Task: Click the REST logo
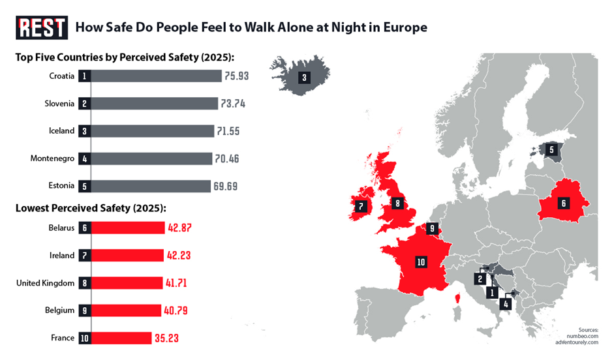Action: [42, 27]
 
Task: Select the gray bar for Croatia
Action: [157, 76]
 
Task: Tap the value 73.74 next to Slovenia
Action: [233, 104]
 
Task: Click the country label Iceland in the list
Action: [62, 130]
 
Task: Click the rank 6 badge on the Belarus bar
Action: [85, 228]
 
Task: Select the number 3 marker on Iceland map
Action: [304, 77]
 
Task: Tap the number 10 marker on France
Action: [421, 262]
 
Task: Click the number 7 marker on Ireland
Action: [360, 207]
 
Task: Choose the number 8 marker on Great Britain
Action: [397, 203]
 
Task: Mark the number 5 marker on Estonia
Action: [551, 149]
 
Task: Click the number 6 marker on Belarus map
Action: [563, 203]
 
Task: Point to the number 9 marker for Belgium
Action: [431, 228]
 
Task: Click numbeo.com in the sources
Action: [583, 335]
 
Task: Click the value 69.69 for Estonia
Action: [225, 186]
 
